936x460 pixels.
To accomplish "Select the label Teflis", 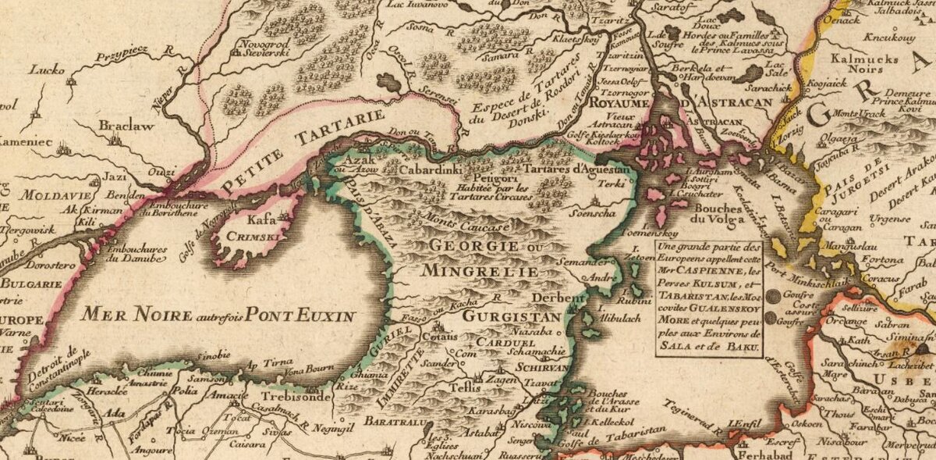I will click(x=458, y=387).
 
